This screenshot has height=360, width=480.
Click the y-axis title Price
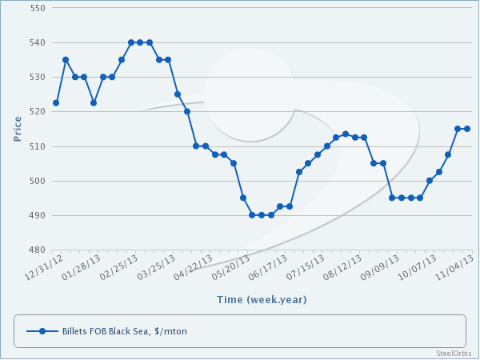click(x=18, y=129)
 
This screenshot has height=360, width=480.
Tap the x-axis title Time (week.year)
click(x=261, y=300)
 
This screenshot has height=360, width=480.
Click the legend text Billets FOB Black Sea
click(x=124, y=330)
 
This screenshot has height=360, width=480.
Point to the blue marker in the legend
click(x=42, y=330)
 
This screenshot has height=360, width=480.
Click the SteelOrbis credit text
click(x=454, y=353)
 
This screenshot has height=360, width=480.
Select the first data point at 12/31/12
click(x=56, y=102)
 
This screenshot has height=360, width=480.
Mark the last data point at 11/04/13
click(x=467, y=129)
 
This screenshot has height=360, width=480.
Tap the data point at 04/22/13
click(x=206, y=146)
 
